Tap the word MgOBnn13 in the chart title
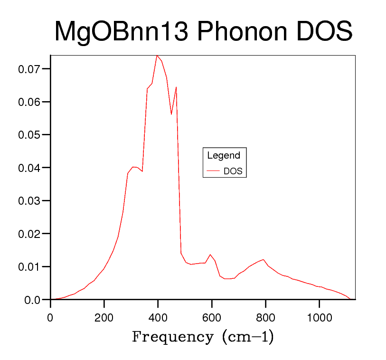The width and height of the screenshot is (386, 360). (x=120, y=32)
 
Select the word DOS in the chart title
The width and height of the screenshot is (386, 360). (x=324, y=32)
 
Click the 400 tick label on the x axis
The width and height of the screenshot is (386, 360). (x=158, y=317)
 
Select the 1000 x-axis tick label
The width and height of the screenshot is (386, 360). (x=319, y=317)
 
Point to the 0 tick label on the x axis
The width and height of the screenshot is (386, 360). (x=50, y=317)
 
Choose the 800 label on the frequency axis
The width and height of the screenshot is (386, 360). (x=265, y=317)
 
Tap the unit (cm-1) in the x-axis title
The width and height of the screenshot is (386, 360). (x=247, y=337)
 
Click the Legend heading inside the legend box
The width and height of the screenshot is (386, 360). (x=224, y=155)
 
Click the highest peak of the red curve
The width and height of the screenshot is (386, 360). (x=157, y=55)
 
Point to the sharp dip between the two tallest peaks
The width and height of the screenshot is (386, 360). (x=171, y=114)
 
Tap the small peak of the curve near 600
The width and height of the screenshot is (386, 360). (x=210, y=255)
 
